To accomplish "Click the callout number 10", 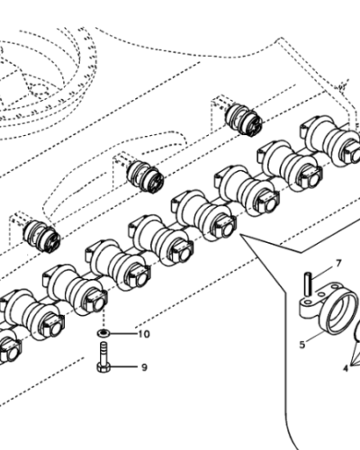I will point(143,335).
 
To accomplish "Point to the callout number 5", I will point(302,343).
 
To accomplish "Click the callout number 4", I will point(343,367).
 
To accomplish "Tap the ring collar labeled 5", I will point(326,312).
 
